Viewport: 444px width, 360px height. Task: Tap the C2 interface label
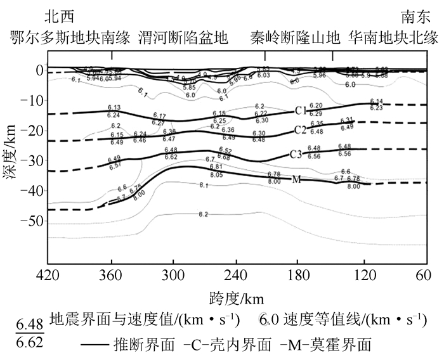tap(301, 131)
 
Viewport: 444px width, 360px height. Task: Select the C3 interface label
tap(296, 153)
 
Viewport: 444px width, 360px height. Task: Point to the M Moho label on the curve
tap(296, 180)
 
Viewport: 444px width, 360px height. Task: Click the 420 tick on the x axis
tap(49, 277)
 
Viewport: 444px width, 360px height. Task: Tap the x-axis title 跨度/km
tap(235, 297)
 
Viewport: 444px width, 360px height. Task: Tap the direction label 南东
tap(415, 15)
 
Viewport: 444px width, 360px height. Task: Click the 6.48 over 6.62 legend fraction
tap(30, 331)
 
